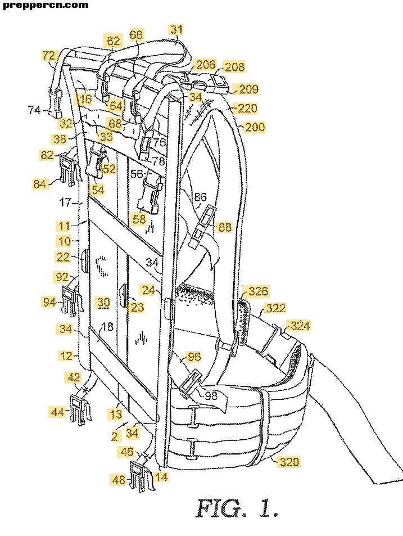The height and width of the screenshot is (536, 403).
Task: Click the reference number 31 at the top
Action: (x=176, y=29)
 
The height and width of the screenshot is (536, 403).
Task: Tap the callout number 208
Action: (x=234, y=67)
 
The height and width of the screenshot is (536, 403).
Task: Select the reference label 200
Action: (x=255, y=127)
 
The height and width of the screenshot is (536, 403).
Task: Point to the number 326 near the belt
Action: (x=258, y=291)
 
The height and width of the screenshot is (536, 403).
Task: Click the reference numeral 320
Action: (x=289, y=462)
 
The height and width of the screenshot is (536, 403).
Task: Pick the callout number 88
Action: (x=225, y=227)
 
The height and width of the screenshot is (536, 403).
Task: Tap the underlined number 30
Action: (x=103, y=303)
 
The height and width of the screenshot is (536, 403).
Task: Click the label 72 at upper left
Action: (x=48, y=55)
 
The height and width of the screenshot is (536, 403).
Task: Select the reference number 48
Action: (x=119, y=480)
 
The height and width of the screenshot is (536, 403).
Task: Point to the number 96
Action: (x=194, y=357)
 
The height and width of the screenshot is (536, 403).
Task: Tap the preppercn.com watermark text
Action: (x=46, y=5)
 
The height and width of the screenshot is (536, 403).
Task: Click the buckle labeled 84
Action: (x=68, y=169)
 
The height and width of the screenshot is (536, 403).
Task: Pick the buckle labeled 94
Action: (x=71, y=301)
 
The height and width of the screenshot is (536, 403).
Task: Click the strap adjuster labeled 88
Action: (x=203, y=226)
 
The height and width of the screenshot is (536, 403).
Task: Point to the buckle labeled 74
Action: (x=55, y=102)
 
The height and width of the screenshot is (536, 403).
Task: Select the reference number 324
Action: (x=300, y=325)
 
